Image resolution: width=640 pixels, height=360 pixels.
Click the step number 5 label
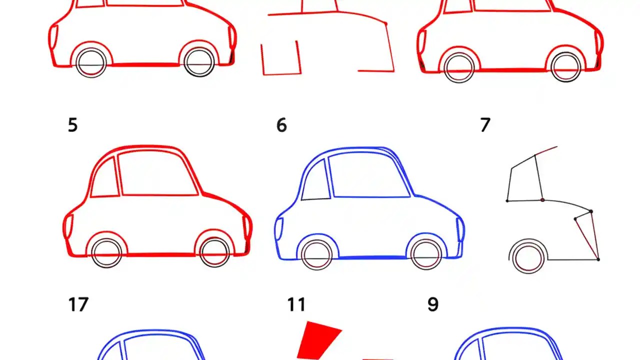tap(72, 125)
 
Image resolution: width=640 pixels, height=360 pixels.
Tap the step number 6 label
tap(281, 125)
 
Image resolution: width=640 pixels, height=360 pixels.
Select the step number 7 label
tap(485, 125)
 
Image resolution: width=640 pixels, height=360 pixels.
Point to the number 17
tap(78, 304)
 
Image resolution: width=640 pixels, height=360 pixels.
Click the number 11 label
tap(296, 304)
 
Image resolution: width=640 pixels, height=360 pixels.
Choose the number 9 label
tap(433, 304)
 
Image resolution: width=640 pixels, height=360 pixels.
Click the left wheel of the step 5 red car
tap(106, 253)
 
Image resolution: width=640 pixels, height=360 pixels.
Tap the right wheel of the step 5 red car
tap(214, 253)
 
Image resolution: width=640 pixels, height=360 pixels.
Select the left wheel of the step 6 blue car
tap(317, 255)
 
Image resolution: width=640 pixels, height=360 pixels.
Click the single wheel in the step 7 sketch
tap(528, 257)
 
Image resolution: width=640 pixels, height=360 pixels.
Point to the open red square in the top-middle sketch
tap(281, 59)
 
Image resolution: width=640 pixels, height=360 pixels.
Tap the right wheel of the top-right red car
tap(566, 67)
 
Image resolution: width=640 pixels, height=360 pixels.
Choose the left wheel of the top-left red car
tap(91, 63)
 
